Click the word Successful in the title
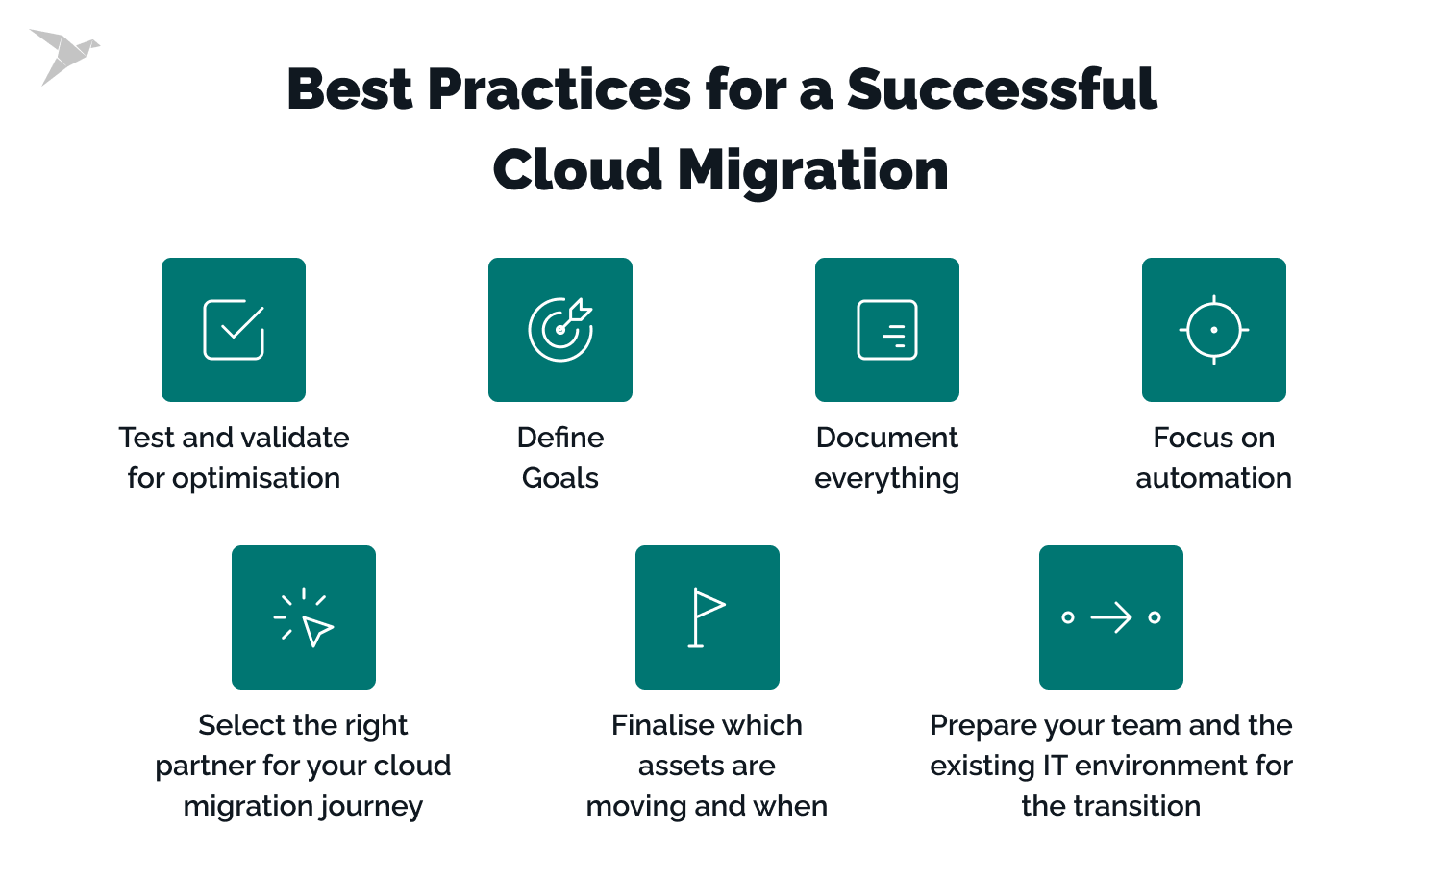(1002, 89)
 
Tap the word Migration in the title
(812, 171)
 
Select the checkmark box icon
(234, 329)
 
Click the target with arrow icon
(560, 329)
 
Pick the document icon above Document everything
(887, 329)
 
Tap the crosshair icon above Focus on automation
(1214, 330)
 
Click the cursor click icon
(304, 617)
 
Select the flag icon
(707, 617)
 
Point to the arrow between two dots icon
(1111, 617)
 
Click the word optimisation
(257, 479)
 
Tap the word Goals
(560, 478)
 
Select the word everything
(887, 479)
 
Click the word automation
(1214, 478)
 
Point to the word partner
(206, 767)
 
